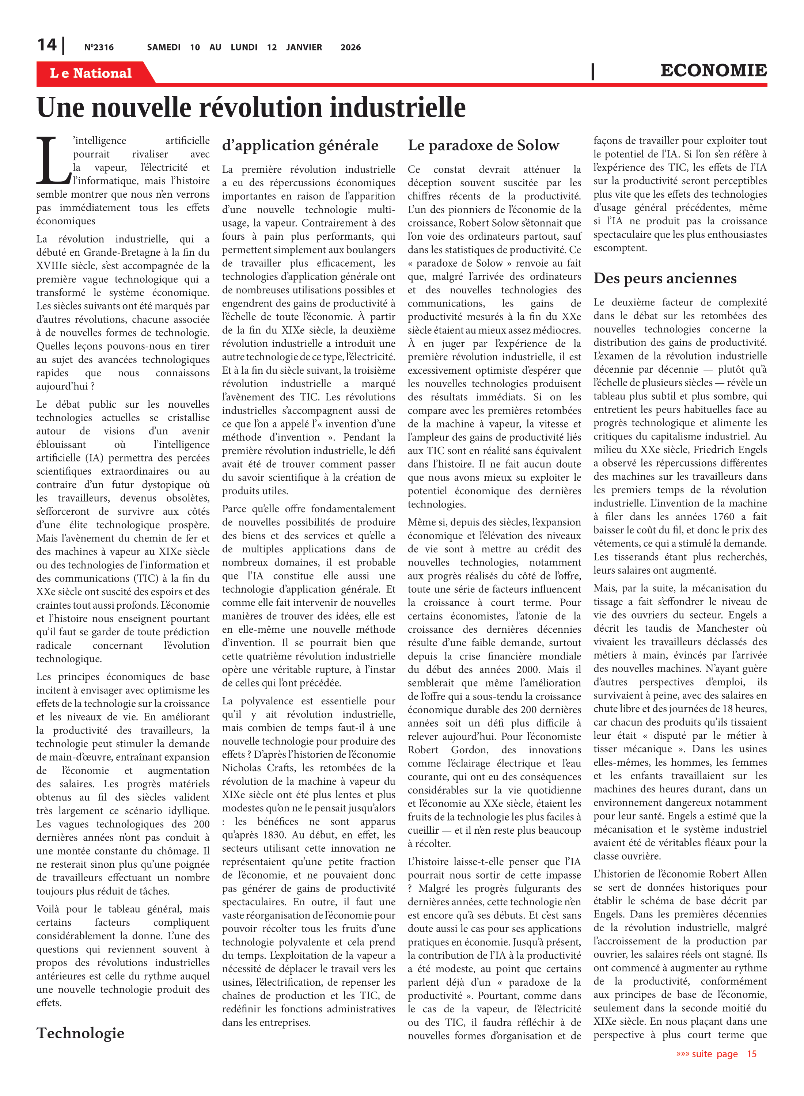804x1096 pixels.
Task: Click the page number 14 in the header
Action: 47,45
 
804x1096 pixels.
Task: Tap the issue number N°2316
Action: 99,47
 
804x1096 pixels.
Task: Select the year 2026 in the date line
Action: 350,47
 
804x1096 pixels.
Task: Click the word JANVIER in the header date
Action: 304,47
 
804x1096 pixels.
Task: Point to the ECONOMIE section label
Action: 713,71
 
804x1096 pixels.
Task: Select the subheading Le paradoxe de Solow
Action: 483,145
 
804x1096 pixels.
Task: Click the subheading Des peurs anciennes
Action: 665,278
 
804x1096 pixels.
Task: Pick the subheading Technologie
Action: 80,1033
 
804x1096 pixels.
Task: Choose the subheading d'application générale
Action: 300,145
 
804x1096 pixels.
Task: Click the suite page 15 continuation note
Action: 716,1054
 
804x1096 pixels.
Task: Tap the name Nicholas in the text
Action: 243,768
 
